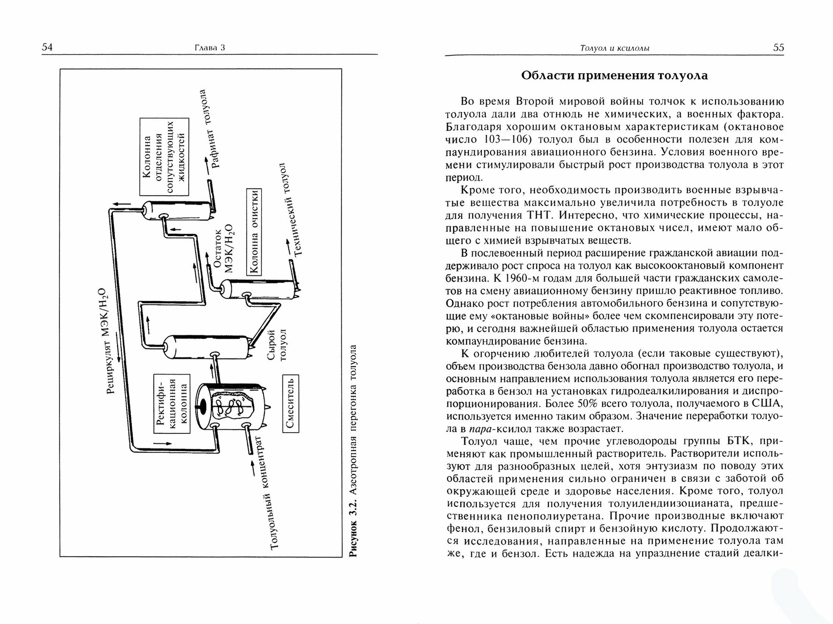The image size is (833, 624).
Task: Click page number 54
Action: point(47,47)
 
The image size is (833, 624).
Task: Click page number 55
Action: point(778,47)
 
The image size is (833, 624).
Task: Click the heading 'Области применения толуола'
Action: point(614,76)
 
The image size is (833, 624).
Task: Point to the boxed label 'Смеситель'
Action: point(291,403)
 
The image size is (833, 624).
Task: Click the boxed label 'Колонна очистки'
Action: point(255,231)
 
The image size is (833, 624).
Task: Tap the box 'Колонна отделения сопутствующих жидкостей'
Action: point(164,157)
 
